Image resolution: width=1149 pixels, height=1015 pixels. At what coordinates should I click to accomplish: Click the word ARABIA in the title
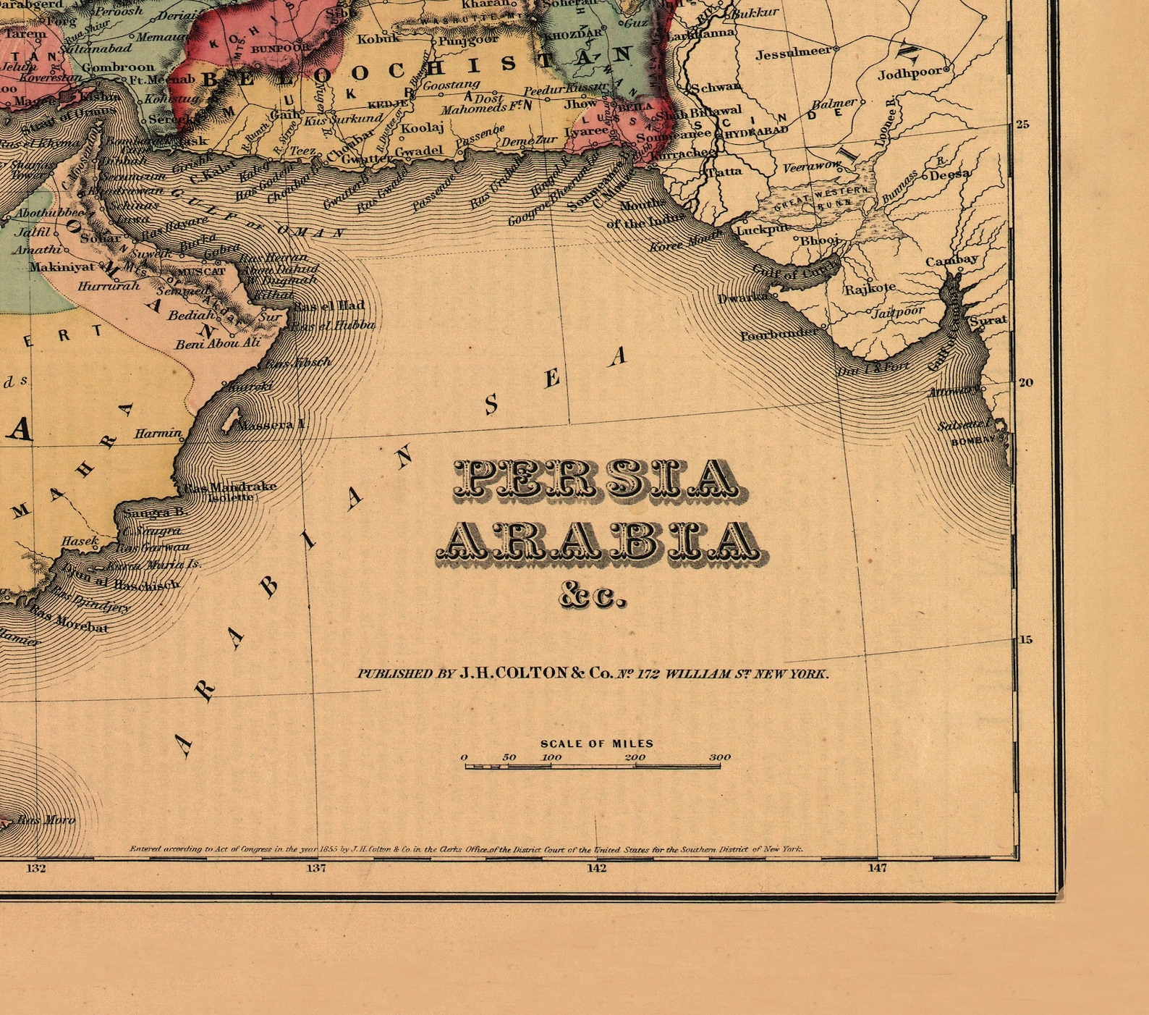[x=603, y=542]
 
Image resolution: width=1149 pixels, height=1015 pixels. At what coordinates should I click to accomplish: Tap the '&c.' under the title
[x=592, y=597]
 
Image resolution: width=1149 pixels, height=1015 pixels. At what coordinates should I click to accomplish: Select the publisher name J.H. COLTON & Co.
[x=535, y=673]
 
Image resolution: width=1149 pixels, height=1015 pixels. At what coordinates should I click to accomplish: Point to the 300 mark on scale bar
[x=719, y=757]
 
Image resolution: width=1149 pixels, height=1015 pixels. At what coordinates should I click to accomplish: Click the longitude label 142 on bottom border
[x=596, y=867]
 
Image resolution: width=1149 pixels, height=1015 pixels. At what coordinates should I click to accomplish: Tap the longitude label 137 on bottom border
[x=316, y=867]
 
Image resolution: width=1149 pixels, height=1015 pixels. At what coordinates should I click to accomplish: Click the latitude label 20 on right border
[x=1025, y=382]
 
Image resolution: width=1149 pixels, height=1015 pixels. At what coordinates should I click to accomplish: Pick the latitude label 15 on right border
[x=1025, y=639]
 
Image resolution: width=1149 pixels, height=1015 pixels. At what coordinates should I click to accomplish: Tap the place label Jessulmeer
[x=793, y=53]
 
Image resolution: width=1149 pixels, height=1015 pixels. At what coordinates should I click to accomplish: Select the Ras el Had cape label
[x=329, y=306]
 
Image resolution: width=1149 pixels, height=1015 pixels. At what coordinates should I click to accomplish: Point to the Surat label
[x=988, y=320]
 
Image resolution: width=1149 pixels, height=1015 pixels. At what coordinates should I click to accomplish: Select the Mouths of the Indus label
[x=644, y=214]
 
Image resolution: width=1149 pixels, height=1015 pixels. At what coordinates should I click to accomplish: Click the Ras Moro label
[x=46, y=820]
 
